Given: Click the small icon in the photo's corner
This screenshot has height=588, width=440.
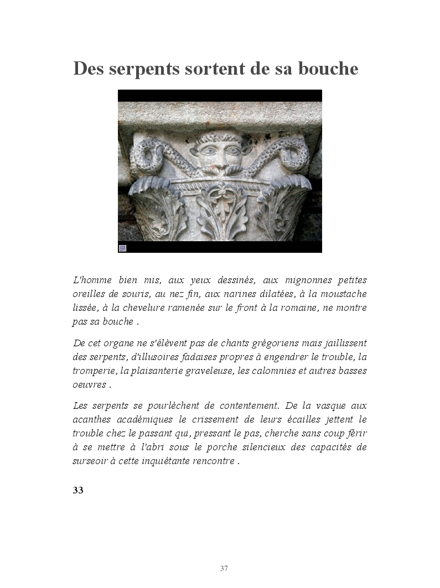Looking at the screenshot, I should coord(122,248).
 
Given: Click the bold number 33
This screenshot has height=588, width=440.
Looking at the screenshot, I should coord(78,490).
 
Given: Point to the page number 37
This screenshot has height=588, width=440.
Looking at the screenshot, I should coord(224,568).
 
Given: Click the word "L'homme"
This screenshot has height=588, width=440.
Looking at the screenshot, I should coord(90,280).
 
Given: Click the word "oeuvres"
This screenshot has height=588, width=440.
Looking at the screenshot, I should coord(89,384).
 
